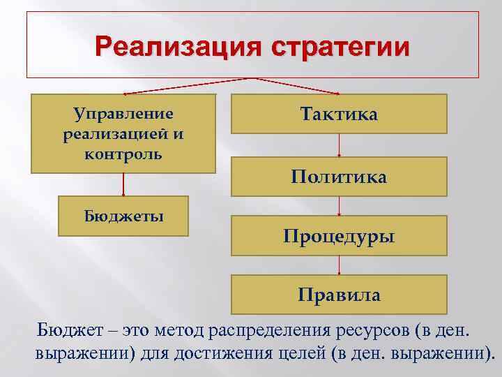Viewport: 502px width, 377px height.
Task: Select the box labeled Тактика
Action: (x=339, y=114)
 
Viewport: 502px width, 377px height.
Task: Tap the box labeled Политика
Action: (x=339, y=177)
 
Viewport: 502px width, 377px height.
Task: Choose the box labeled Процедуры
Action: (x=339, y=236)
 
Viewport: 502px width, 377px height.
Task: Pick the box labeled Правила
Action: (x=339, y=295)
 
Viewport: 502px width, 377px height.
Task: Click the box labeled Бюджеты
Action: (x=124, y=216)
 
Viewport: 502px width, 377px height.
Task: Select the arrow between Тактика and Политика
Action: (x=339, y=145)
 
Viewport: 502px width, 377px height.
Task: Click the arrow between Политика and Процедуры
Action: (x=339, y=206)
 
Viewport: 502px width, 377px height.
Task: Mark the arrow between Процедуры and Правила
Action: (x=339, y=265)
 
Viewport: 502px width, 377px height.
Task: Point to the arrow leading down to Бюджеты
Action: (x=124, y=184)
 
